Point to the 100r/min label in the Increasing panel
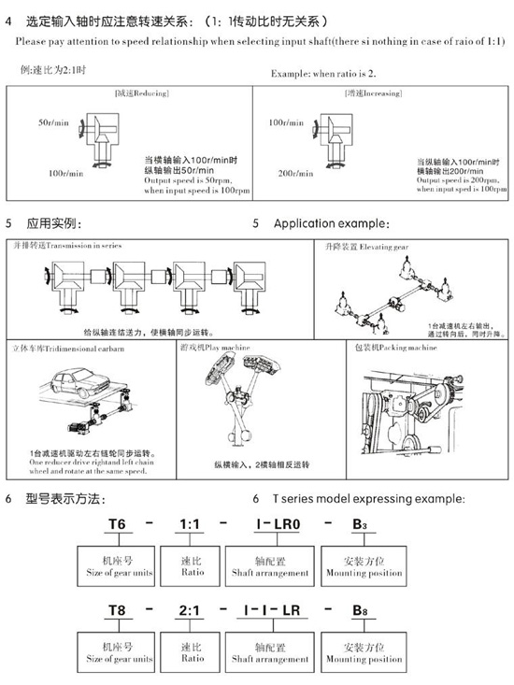click(x=285, y=122)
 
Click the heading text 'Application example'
click(x=331, y=224)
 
